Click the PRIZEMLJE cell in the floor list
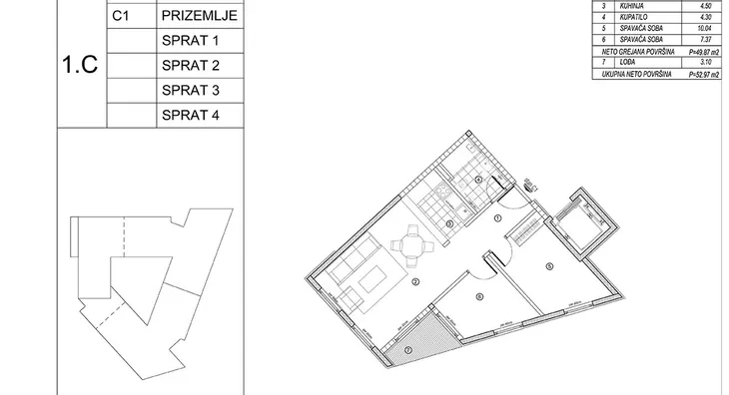(x=197, y=17)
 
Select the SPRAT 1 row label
(x=188, y=42)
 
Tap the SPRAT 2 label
(x=188, y=67)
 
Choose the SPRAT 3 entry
(x=188, y=91)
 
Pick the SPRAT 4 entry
(x=188, y=116)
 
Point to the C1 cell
(x=125, y=17)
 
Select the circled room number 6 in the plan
(x=479, y=296)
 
